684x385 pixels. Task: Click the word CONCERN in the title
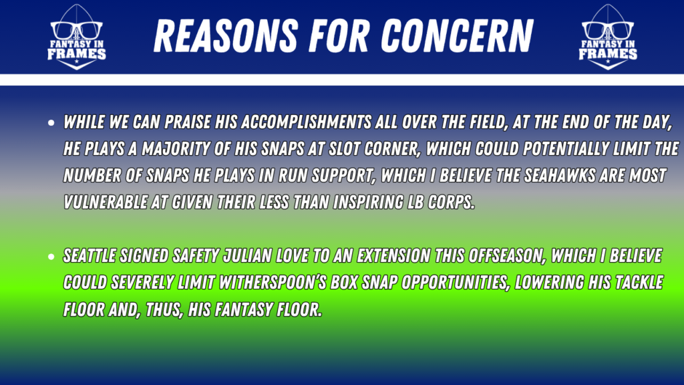point(457,36)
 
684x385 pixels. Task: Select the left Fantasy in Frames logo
point(76,37)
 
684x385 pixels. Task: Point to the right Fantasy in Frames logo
point(608,37)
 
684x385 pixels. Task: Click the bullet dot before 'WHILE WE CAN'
point(51,123)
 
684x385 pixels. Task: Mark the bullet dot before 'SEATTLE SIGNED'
point(51,257)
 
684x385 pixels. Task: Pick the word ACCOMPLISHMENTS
point(306,122)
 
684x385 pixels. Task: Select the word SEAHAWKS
point(559,176)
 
